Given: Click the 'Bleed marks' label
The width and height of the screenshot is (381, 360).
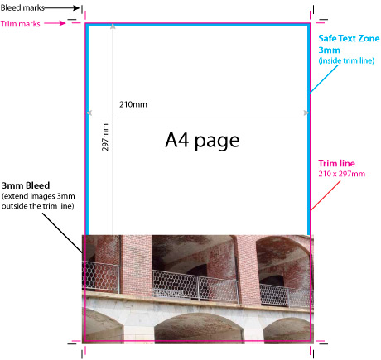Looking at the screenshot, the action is point(22,7).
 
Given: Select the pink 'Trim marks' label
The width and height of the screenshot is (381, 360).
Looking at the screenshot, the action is point(21,24).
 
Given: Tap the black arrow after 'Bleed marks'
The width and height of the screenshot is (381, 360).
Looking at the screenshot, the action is point(62,8).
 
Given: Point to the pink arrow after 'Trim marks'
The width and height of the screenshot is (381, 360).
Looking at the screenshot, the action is point(55,23).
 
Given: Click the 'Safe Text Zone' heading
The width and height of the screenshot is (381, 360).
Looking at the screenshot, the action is point(349,38).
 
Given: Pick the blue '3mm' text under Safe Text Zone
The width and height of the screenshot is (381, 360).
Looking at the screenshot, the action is point(329,50).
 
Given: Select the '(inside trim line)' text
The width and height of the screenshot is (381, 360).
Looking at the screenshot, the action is point(346,60).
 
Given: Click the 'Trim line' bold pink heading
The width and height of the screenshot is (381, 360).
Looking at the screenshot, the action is point(336,163).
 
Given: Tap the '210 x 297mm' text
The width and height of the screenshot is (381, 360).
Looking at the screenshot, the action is point(342,174).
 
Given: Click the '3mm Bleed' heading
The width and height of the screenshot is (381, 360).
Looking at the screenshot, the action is point(26,185).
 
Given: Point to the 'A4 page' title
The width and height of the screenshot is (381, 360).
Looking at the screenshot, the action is point(202,141).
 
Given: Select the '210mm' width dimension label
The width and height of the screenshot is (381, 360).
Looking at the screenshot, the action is point(133,104).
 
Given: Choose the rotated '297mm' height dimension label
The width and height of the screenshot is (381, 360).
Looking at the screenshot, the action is point(105,137).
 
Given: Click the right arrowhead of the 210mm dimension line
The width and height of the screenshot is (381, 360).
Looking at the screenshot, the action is point(306,113).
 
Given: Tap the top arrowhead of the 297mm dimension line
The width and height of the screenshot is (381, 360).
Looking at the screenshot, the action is point(113,26).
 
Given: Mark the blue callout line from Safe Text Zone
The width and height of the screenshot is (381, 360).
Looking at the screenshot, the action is point(324,79).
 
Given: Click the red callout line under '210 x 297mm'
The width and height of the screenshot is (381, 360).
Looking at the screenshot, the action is point(326,196).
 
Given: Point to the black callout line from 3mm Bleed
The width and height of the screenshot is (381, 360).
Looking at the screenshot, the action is point(63,233).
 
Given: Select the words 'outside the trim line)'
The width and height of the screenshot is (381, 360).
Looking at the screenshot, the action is point(38,206).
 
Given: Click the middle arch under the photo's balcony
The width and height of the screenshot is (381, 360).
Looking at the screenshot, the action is point(199,329).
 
